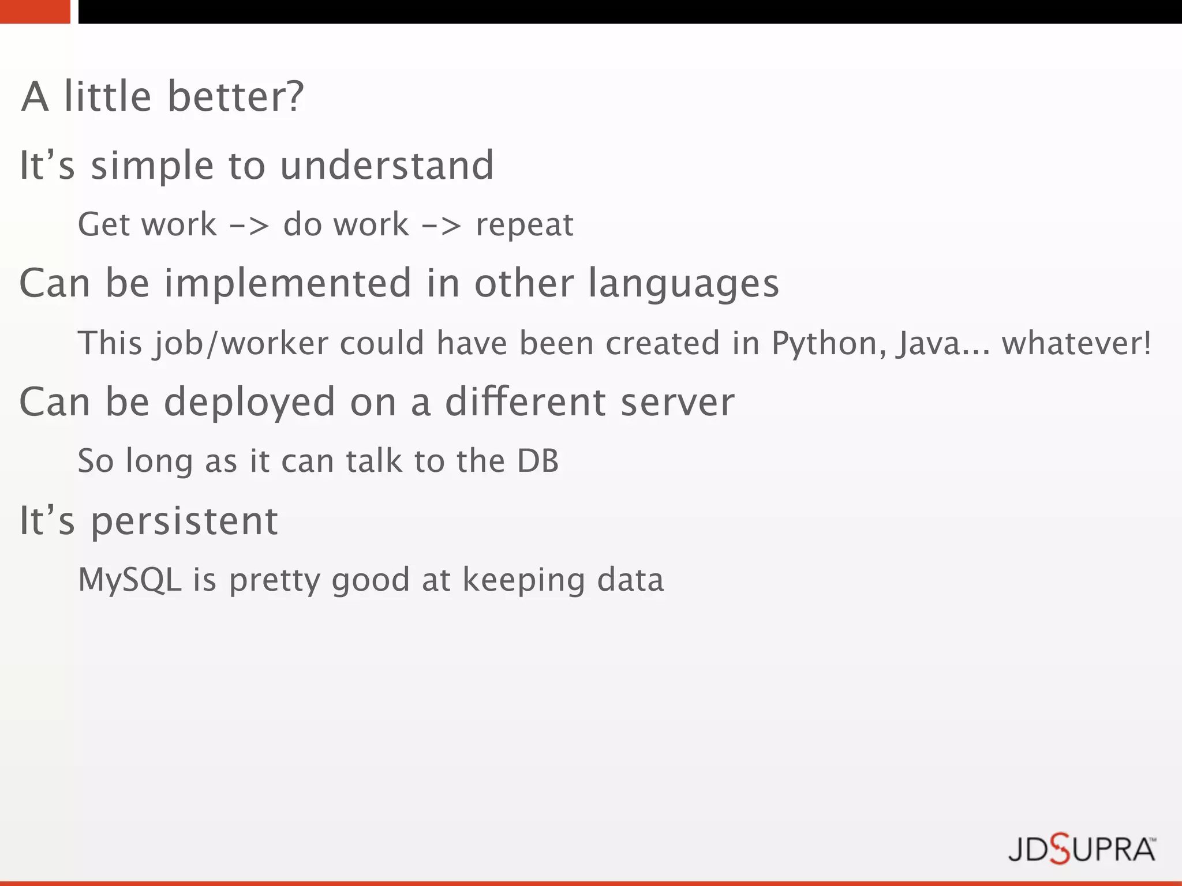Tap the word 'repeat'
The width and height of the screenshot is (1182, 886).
click(525, 225)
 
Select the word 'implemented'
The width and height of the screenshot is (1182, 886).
click(288, 283)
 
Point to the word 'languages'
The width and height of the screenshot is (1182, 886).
click(684, 284)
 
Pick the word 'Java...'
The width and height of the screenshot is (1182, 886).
click(942, 344)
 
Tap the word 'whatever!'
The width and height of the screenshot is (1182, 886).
click(1076, 343)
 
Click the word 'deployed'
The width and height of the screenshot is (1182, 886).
click(249, 403)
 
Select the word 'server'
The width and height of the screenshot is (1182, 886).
click(678, 402)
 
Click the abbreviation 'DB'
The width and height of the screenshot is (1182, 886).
click(538, 461)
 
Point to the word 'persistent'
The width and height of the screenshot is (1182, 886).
click(185, 521)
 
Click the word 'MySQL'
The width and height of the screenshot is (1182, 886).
click(130, 580)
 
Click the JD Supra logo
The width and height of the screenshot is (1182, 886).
click(1082, 850)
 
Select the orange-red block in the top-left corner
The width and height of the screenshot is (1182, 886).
click(35, 12)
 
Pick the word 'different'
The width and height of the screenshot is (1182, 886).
click(525, 402)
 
